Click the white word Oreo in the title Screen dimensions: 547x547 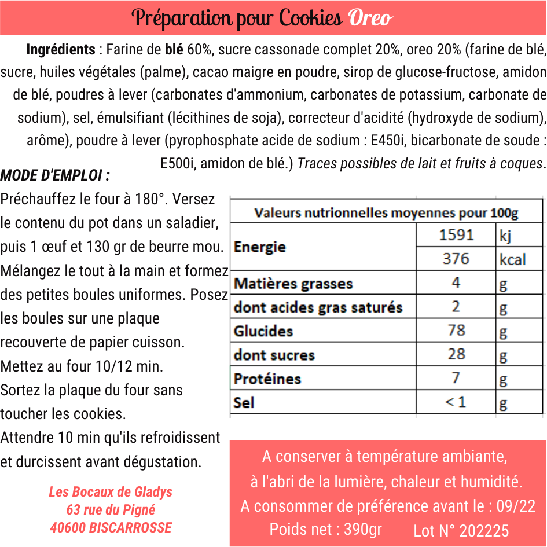pos(370,19)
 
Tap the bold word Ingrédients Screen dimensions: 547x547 pos(61,50)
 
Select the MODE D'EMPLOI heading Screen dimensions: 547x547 pos(55,175)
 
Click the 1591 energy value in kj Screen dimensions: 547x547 pos(456,234)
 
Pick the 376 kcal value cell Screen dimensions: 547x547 pos(456,258)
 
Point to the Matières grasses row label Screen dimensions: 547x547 pos(293,284)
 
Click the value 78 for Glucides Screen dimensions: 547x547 pos(456,330)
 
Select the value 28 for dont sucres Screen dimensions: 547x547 pos(456,354)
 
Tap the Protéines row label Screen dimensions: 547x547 pos(267,379)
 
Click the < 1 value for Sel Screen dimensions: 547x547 pos(456,402)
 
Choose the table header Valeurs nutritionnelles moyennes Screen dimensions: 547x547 pos(386,213)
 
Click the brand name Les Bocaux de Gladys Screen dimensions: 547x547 pos(111,492)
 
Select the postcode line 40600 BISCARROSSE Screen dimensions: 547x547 pos(111,527)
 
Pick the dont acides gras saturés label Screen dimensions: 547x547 pos(318,307)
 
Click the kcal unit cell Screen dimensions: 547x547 pos(513,259)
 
